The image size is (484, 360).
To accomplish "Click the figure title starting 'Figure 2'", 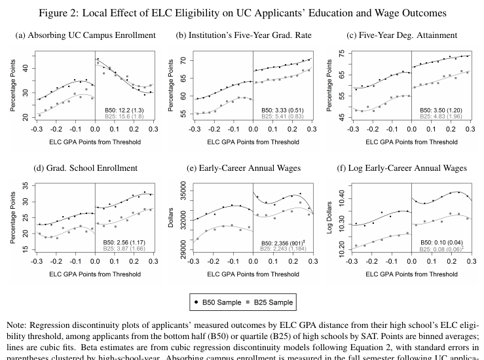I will click(x=241, y=12).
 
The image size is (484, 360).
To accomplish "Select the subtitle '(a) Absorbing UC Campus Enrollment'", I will click(x=85, y=35).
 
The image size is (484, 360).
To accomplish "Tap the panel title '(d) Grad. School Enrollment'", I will click(x=85, y=168).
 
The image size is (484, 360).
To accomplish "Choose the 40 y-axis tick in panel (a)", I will click(x=25, y=68).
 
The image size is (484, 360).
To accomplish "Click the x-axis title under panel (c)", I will click(x=412, y=141).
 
